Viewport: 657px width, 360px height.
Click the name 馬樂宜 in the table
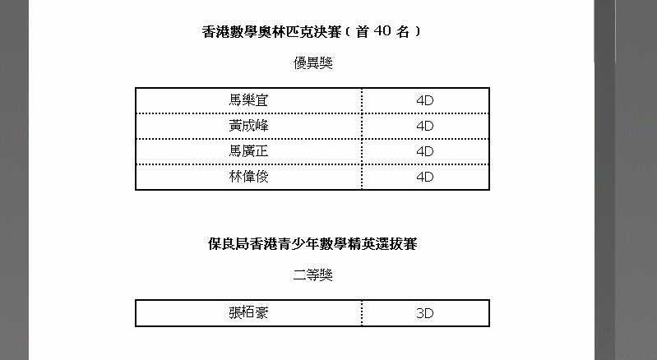click(x=248, y=100)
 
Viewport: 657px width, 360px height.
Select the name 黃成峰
click(x=248, y=126)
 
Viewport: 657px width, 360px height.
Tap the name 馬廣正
click(x=248, y=151)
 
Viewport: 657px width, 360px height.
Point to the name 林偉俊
click(x=248, y=177)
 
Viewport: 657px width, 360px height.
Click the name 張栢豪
click(x=248, y=312)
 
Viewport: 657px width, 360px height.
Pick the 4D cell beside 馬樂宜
click(x=425, y=100)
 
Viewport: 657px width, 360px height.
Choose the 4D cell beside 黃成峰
click(x=425, y=126)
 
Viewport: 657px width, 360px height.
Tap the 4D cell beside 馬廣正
click(x=425, y=151)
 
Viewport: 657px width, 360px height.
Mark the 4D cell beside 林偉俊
click(x=425, y=177)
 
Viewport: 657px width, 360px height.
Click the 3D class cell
click(x=425, y=313)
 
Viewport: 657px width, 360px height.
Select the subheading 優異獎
click(x=312, y=62)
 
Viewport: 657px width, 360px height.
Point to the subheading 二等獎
click(x=312, y=275)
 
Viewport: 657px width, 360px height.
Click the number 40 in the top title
click(x=382, y=31)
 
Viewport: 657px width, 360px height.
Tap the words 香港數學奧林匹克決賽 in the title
click(x=271, y=32)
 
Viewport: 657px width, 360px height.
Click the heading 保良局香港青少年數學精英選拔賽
click(x=312, y=244)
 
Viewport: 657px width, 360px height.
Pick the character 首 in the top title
click(x=362, y=32)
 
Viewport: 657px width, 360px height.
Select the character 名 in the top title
click(x=403, y=32)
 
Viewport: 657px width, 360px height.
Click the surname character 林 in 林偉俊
click(x=235, y=177)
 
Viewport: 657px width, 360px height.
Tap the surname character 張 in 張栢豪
click(x=235, y=312)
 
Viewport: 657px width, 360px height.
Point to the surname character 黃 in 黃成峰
click(x=235, y=126)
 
